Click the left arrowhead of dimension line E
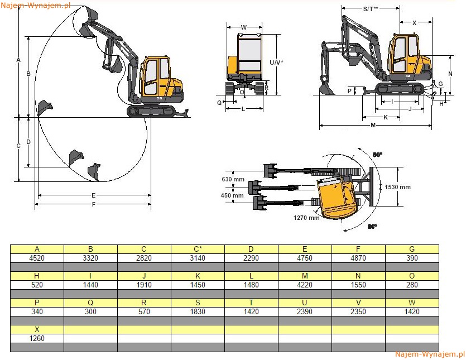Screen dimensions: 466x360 tap(40, 195)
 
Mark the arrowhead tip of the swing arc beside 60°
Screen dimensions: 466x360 tap(359, 148)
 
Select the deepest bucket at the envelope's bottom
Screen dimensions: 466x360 tap(94, 172)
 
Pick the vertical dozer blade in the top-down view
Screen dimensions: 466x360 tap(372, 186)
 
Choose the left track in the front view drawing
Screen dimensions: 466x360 tap(230, 88)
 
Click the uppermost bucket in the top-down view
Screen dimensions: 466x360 tap(271, 171)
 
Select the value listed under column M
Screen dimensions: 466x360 tap(305, 285)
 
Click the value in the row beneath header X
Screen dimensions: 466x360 tap(37, 338)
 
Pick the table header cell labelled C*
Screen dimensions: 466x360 tap(198, 249)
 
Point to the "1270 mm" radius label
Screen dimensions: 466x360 tap(306, 218)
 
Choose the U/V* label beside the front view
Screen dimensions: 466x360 tap(276, 63)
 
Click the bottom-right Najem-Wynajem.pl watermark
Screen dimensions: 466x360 tap(430, 354)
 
